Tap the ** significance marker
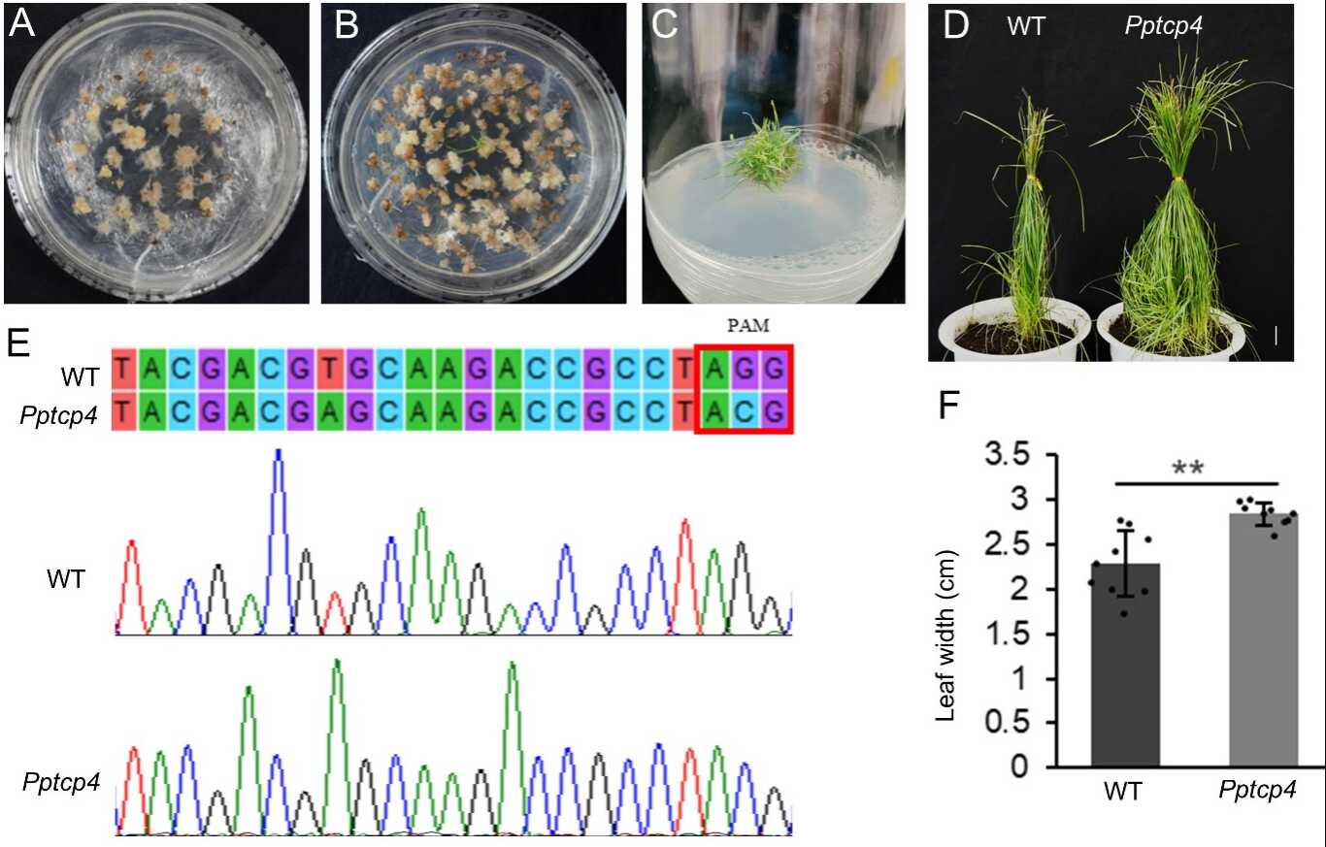pos(1196,469)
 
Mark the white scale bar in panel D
pos(1276,334)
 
